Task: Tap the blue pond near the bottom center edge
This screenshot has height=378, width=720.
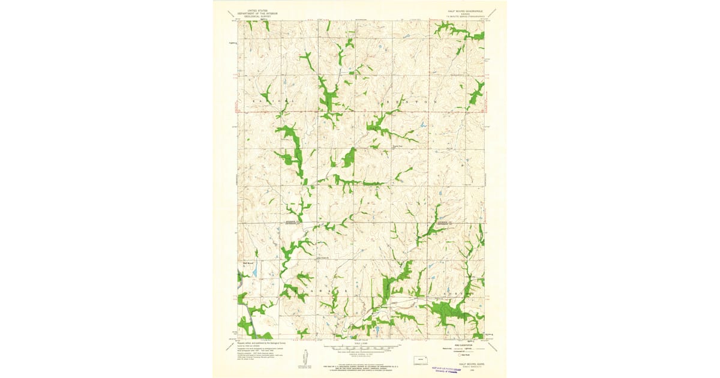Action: coord(376,329)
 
